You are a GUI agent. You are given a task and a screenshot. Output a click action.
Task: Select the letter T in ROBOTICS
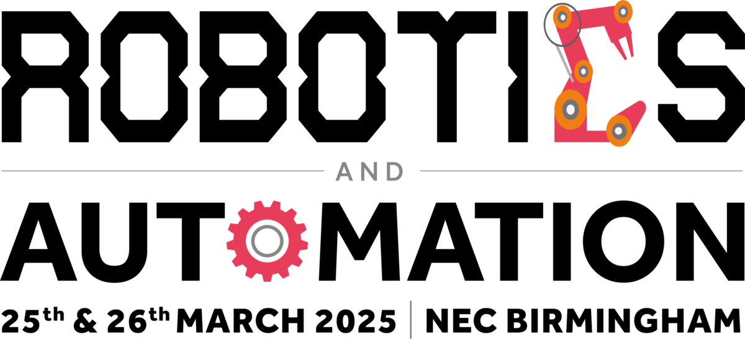tap(446, 76)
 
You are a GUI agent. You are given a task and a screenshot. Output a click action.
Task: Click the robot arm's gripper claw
tap(623, 47)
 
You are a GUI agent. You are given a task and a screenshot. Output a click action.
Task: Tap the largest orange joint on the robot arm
tap(571, 109)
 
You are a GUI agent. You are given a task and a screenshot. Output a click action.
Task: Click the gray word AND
tap(370, 171)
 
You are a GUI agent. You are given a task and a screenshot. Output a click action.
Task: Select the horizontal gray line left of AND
tap(163, 171)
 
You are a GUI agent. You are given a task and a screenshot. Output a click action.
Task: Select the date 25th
tap(32, 320)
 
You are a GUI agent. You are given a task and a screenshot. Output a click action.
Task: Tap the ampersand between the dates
tap(85, 321)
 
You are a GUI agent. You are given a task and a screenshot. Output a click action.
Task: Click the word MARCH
tap(240, 321)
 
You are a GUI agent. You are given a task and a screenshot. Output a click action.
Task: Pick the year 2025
tap(356, 321)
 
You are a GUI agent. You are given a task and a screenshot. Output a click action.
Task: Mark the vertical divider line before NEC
tap(411, 320)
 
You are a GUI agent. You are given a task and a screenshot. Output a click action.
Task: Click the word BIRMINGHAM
tap(624, 321)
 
